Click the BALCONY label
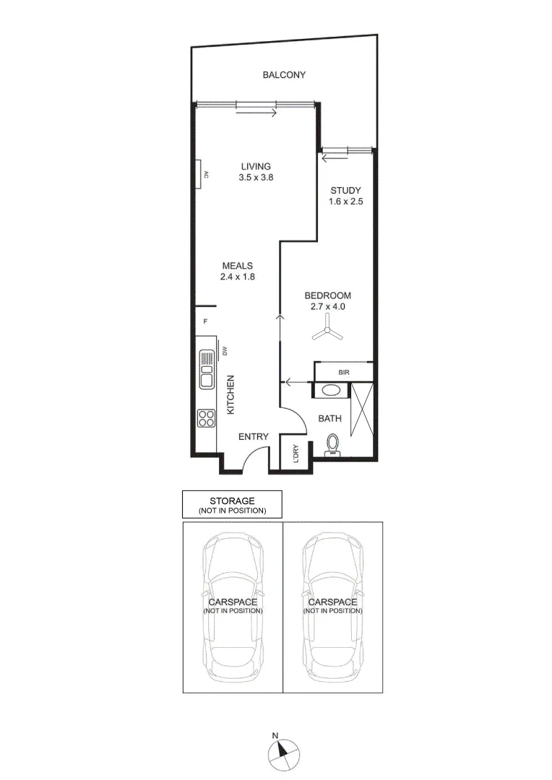284,75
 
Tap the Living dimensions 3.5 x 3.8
256,178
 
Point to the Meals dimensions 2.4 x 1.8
238,276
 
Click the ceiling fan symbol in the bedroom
327,333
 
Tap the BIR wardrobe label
344,373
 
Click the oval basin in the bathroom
332,391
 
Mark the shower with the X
361,409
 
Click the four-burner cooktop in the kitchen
206,417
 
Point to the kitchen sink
206,370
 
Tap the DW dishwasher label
225,352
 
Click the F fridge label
205,321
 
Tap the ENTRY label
254,437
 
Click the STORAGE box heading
232,500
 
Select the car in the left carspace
232,605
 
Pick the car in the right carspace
332,605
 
